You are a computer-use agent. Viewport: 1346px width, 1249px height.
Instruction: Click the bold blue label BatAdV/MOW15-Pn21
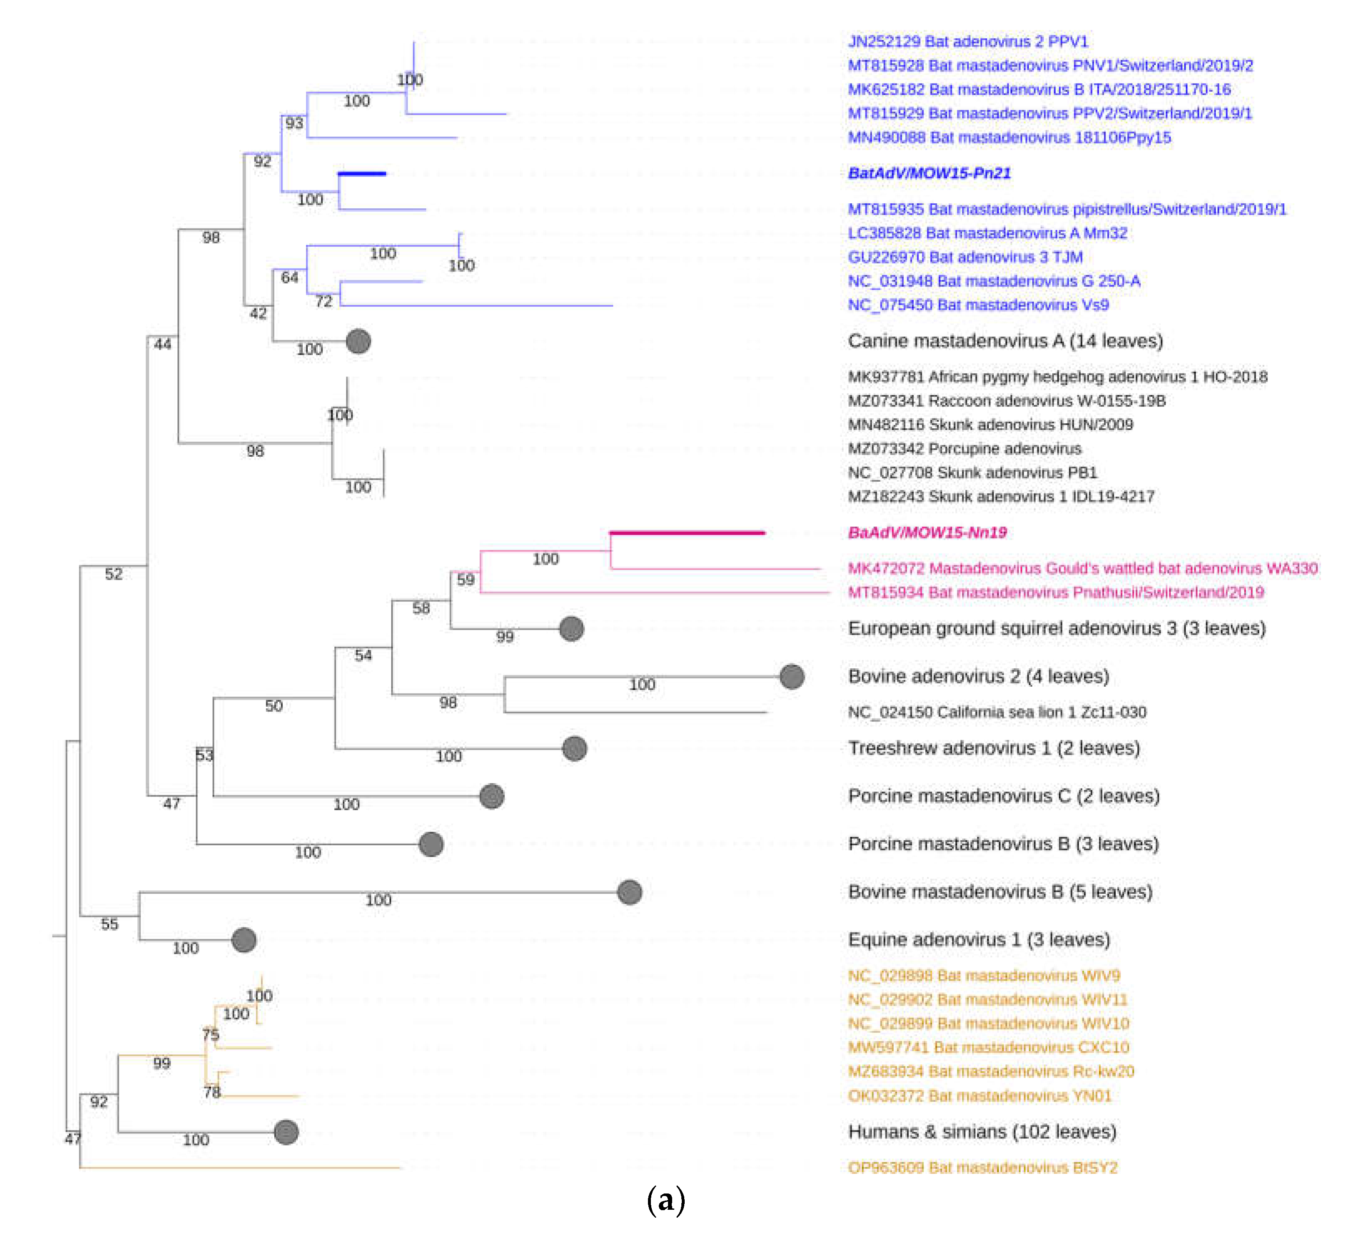point(929,173)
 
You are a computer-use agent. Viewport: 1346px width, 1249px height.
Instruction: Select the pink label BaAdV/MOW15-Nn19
point(927,533)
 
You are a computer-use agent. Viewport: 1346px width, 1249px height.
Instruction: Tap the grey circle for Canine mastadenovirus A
point(358,341)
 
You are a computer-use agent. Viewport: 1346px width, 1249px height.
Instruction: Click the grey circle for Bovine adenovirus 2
point(792,677)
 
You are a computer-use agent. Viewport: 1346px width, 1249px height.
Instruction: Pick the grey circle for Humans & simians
point(286,1132)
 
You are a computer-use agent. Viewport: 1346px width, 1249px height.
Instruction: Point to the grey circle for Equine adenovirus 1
point(243,940)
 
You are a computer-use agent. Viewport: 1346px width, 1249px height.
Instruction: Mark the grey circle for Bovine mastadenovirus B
point(630,892)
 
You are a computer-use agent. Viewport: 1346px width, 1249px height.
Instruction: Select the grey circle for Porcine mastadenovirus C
point(491,796)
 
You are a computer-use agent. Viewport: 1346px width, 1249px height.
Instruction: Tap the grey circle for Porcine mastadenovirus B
point(430,844)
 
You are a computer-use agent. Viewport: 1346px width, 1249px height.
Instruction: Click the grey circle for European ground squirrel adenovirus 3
point(571,629)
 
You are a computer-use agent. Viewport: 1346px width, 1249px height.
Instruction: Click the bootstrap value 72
point(324,301)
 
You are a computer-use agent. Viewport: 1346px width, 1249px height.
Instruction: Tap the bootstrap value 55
point(109,924)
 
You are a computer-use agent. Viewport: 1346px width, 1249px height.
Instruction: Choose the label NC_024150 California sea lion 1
point(997,712)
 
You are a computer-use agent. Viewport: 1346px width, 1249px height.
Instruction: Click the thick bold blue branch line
point(362,174)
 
